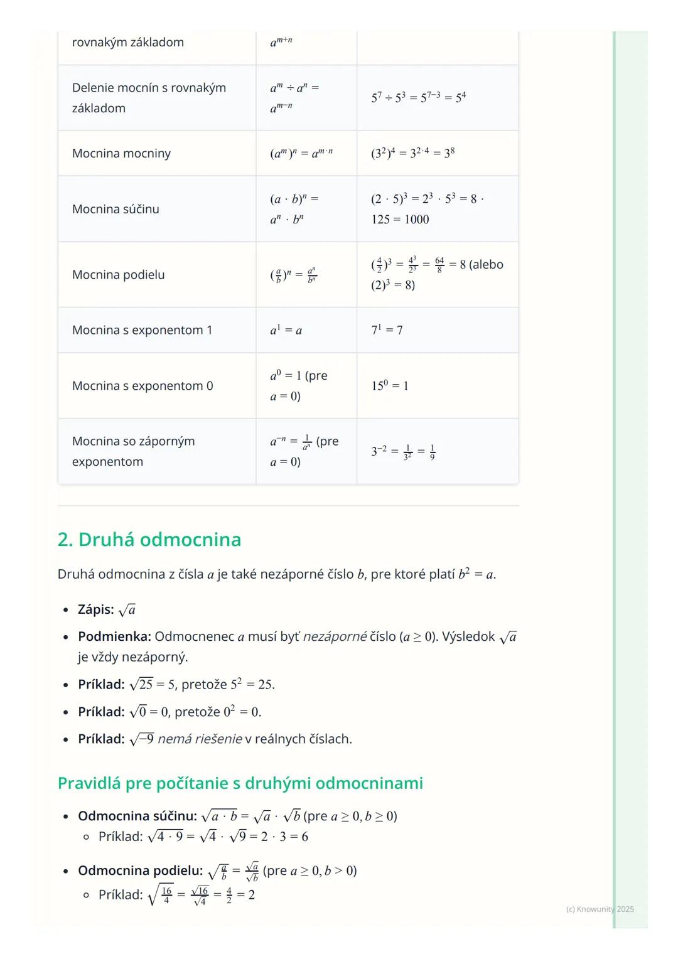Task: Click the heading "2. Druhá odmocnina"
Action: coord(149,540)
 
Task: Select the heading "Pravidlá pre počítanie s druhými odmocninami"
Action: coord(240,783)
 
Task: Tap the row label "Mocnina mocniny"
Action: coord(121,153)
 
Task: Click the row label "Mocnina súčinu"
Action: coord(116,209)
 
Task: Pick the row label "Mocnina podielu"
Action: coord(118,274)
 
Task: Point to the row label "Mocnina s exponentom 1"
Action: coord(142,330)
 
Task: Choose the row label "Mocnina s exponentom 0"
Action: coord(143,385)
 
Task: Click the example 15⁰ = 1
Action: coord(390,385)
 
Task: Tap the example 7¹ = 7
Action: coord(387,330)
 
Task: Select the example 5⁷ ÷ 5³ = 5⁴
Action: coord(418,97)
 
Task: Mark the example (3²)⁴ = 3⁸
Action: coord(412,153)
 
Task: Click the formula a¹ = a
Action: coord(286,330)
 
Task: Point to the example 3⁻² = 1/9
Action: coord(403,451)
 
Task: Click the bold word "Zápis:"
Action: coord(96,609)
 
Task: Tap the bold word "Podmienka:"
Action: coord(114,636)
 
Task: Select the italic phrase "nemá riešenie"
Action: coord(200,739)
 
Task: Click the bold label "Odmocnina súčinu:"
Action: coord(137,816)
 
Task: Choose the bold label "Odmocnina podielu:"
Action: coord(140,871)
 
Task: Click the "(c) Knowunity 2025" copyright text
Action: coord(600,909)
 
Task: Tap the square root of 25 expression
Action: coord(141,685)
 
